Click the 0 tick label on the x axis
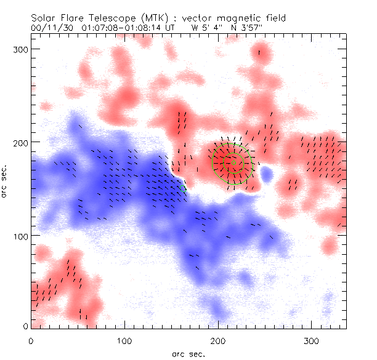[31, 339]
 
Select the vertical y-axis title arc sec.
[7, 182]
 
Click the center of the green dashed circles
[232, 162]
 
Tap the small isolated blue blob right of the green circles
[266, 175]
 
